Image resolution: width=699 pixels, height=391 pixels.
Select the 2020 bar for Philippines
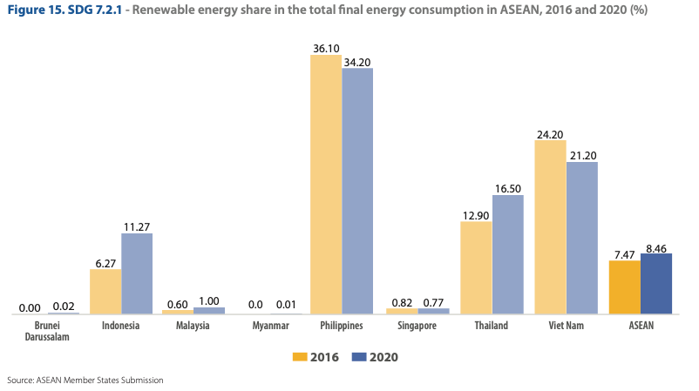coord(357,191)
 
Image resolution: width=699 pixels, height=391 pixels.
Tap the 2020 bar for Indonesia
coord(137,273)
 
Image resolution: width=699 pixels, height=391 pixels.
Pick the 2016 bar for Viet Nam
coord(550,227)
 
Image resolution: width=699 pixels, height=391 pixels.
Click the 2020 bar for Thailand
coord(508,254)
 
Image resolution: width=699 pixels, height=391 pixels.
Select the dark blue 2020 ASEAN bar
coord(656,284)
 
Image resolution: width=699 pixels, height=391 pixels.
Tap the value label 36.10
coord(326,49)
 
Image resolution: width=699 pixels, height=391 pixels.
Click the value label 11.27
coord(137,226)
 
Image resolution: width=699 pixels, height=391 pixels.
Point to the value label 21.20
coord(582,155)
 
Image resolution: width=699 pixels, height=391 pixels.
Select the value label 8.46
coord(656,246)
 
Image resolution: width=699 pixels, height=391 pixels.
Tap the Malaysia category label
coord(193,326)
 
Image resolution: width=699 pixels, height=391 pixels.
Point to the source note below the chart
coord(85,381)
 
